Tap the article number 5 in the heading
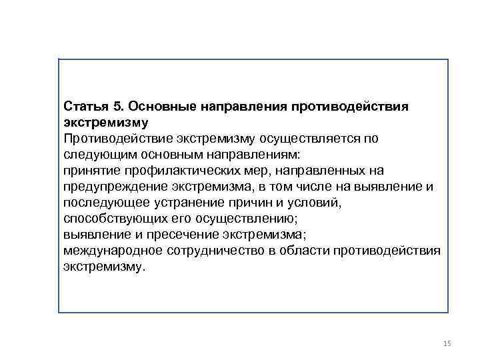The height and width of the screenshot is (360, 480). (117, 107)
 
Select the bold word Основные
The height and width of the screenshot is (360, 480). (158, 107)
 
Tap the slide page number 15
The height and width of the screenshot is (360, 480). (447, 343)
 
